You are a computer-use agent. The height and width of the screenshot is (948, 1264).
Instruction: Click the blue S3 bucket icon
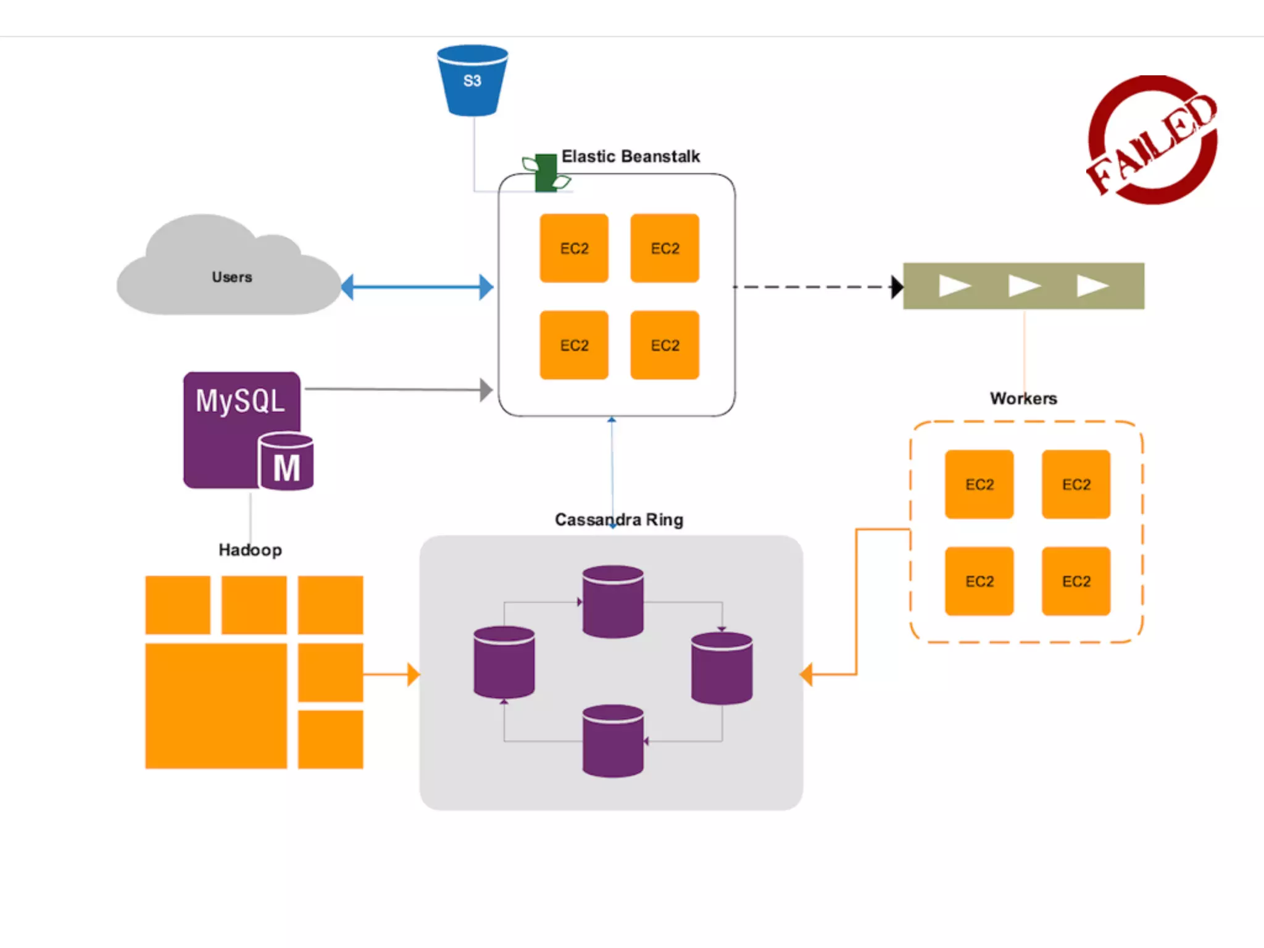[x=472, y=80]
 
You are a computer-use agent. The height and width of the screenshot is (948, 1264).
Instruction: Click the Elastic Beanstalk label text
[x=630, y=157]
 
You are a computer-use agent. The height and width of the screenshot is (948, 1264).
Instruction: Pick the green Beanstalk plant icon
[x=546, y=173]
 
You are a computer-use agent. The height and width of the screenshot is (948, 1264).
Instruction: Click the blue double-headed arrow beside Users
[x=417, y=287]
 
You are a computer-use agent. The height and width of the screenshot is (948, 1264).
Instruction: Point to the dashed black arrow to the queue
[x=815, y=287]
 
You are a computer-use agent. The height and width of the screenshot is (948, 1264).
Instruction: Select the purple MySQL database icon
[x=247, y=430]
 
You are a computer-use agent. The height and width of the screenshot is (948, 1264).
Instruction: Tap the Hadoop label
[x=250, y=550]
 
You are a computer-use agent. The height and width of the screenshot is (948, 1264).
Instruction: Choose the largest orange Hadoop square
[x=216, y=705]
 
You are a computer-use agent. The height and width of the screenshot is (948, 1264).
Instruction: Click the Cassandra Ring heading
[x=618, y=520]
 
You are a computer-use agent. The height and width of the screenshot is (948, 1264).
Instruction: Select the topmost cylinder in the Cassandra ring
[x=613, y=601]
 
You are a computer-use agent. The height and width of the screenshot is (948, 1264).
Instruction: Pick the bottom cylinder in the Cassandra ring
[x=613, y=741]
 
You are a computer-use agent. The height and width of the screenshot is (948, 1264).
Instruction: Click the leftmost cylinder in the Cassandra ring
[x=504, y=662]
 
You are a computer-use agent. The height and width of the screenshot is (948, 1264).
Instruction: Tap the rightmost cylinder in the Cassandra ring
[x=721, y=668]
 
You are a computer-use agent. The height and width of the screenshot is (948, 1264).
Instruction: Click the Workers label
[x=1023, y=399]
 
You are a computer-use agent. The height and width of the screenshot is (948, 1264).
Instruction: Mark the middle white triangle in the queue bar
[x=1024, y=286]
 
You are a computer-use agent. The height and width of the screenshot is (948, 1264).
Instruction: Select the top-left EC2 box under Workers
[x=979, y=484]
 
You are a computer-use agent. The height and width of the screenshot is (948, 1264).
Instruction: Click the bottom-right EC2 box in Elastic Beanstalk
[x=665, y=345]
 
